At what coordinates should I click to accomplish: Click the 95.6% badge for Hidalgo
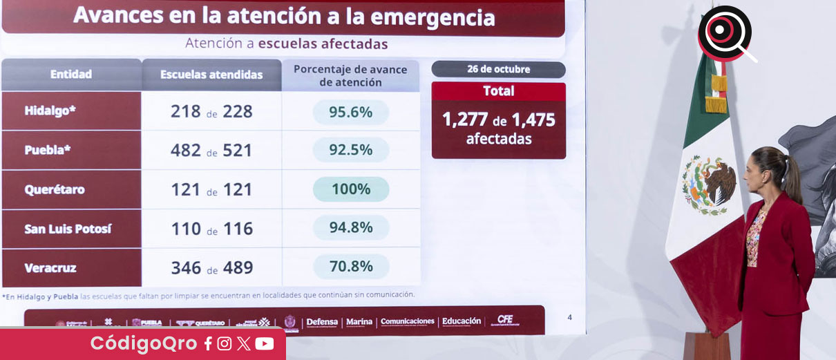pos(350,112)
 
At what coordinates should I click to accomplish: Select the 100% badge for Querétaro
pos(350,189)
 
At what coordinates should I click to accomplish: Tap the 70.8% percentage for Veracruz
pos(350,267)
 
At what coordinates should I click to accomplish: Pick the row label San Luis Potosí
pos(68,229)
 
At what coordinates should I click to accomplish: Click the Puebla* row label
pos(48,150)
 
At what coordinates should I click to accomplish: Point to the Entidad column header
pos(71,75)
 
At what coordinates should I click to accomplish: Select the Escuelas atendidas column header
pos(211,75)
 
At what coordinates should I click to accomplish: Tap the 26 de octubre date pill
pos(498,69)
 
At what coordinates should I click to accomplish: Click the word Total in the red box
pos(498,91)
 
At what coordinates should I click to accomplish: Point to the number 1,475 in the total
pos(533,120)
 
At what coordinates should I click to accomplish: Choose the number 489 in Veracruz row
pos(238,267)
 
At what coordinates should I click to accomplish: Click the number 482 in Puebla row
pos(186,151)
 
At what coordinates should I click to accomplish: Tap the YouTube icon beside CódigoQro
pos(264,344)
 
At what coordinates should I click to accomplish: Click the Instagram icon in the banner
pos(225,344)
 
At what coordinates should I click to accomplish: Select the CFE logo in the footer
pos(505,320)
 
